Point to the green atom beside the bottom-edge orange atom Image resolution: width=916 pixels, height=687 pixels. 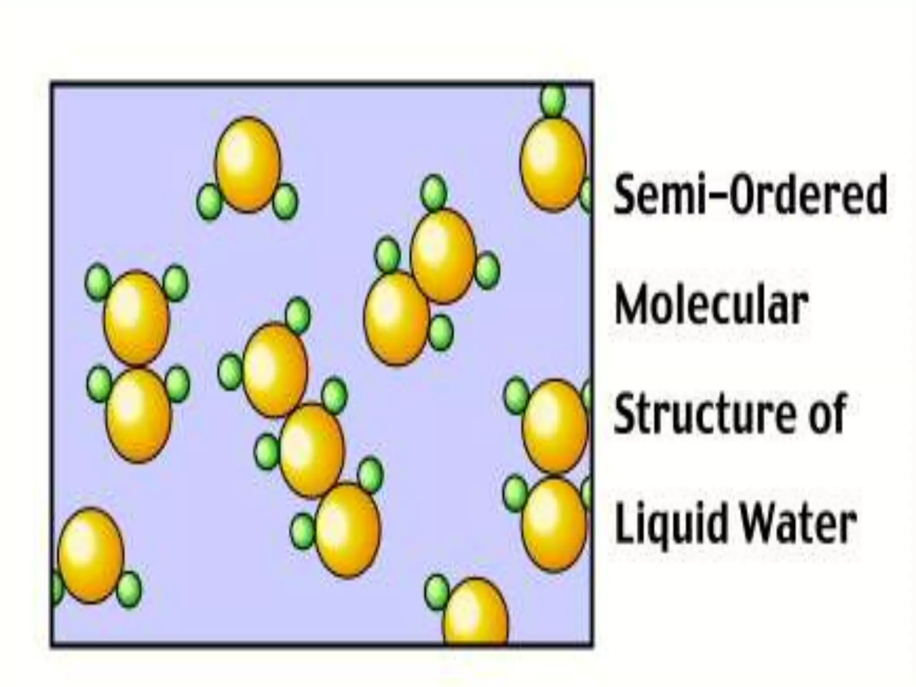pyautogui.click(x=436, y=592)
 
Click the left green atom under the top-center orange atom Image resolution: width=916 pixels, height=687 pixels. pyautogui.click(x=209, y=202)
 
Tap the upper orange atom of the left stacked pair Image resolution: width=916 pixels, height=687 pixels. pyautogui.click(x=136, y=318)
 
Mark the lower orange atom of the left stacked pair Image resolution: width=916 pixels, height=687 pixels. pyautogui.click(x=138, y=416)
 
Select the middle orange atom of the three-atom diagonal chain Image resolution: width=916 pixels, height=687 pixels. pyautogui.click(x=312, y=450)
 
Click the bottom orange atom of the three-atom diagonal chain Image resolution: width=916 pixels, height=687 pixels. pyautogui.click(x=348, y=530)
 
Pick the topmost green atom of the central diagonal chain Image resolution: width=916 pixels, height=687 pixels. pyautogui.click(x=297, y=315)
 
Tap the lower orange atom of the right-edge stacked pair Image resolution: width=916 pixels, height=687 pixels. pyautogui.click(x=554, y=524)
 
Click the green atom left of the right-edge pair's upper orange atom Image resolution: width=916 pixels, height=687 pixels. pyautogui.click(x=517, y=396)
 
